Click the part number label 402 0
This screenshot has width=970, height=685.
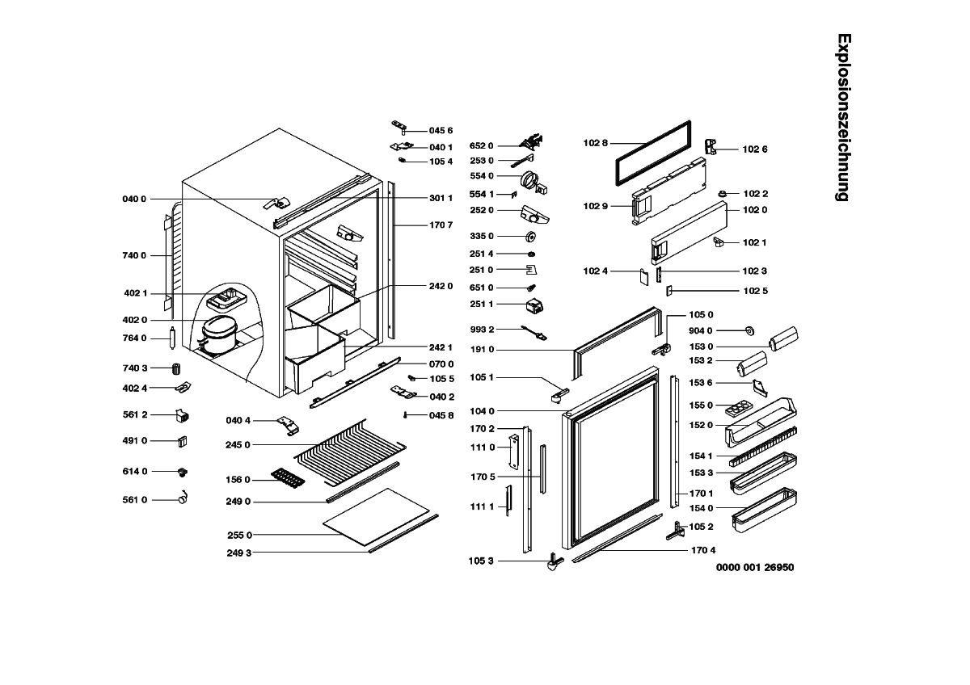tap(134, 320)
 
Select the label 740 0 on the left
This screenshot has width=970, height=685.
tap(134, 255)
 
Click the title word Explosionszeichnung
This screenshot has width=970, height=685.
tap(842, 117)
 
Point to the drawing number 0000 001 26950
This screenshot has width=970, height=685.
tap(755, 567)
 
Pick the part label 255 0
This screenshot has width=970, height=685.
tap(239, 535)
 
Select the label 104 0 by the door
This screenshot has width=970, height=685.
tap(481, 411)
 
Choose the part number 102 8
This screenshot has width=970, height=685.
tap(595, 143)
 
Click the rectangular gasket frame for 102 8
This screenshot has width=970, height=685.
tap(653, 153)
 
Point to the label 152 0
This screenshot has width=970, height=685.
tap(701, 425)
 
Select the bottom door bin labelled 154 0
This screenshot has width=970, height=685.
tap(764, 511)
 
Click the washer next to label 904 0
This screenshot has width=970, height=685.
tap(749, 330)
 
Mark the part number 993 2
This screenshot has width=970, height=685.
tap(481, 330)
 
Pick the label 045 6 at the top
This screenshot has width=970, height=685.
tap(441, 130)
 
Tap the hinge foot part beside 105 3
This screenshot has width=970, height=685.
tap(554, 562)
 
